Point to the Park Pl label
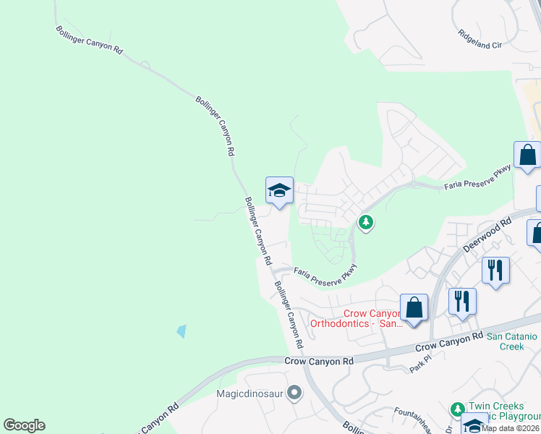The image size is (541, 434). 419,363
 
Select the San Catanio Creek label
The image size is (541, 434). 511,341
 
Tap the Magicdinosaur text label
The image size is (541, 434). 252,394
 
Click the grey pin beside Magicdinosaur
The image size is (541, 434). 294,393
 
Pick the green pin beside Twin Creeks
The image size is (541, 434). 457,409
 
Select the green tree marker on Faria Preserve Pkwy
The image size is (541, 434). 366,221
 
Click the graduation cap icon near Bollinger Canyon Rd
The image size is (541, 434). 279,191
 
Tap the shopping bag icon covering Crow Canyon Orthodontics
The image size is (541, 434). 414,307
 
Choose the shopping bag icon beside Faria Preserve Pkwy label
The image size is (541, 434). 527,155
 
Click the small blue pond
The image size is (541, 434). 181,331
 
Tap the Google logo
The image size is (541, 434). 24,425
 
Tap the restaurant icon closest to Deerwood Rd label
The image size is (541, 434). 495,271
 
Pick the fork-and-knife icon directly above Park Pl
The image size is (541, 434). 462,301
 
